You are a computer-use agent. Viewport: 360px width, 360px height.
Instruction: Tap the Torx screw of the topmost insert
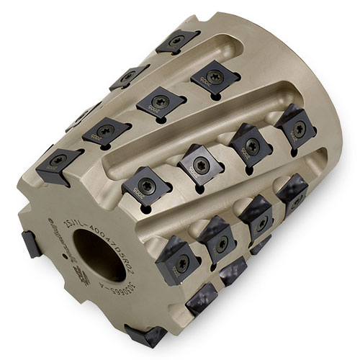point(176,40)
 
